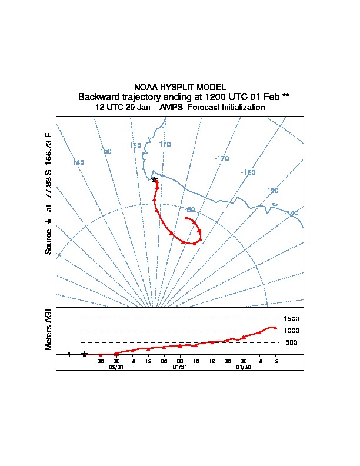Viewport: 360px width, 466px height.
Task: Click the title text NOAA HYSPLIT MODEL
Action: (180, 87)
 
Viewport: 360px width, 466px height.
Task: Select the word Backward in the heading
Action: (97, 96)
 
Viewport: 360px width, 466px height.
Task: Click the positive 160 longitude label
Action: (135, 145)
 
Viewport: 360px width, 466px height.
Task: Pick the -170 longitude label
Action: (222, 158)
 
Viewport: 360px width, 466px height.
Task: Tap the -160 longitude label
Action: (248, 172)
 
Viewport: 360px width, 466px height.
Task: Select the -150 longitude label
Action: (271, 191)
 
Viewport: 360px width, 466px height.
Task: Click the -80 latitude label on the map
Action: (190, 209)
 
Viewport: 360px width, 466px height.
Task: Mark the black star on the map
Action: (154, 179)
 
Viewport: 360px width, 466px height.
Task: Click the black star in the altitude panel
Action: (85, 354)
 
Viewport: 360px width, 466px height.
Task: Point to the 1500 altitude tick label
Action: (292, 319)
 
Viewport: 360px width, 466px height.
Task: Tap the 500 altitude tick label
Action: (291, 342)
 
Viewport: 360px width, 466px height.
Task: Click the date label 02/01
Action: (117, 366)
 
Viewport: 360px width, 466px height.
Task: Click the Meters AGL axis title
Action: (49, 328)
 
